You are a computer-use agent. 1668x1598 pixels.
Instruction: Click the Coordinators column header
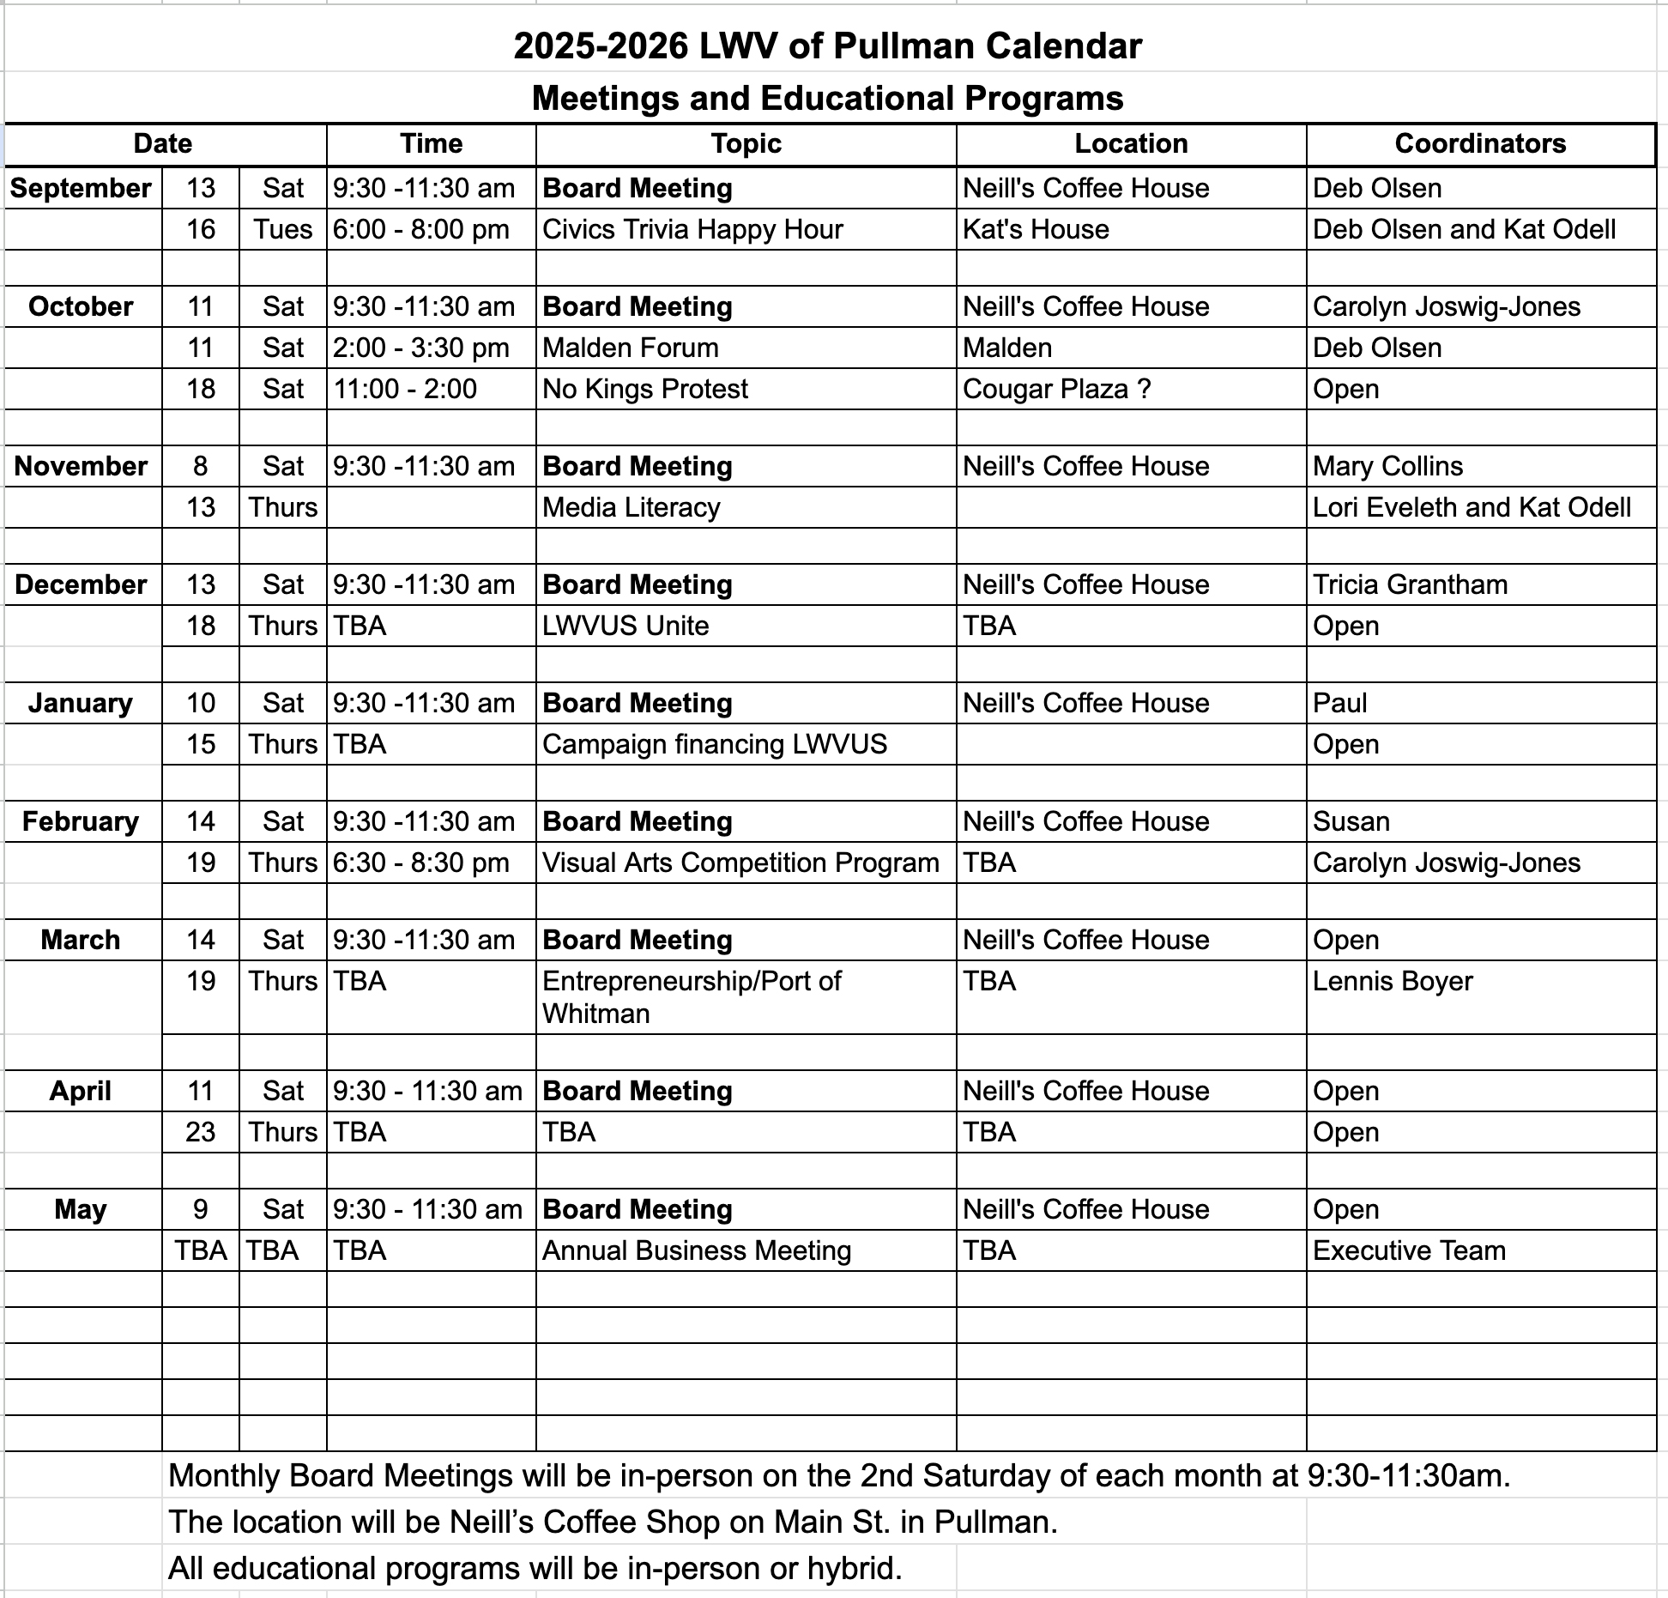(x=1480, y=143)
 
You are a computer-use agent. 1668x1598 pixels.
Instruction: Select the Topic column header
(x=746, y=143)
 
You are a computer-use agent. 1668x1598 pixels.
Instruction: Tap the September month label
(x=81, y=188)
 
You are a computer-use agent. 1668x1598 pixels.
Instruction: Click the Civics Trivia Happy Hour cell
(x=692, y=229)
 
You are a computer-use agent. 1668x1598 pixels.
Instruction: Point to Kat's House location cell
(x=1036, y=229)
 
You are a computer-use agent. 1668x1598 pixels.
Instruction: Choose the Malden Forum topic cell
(x=631, y=348)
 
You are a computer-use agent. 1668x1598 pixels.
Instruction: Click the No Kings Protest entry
(x=645, y=389)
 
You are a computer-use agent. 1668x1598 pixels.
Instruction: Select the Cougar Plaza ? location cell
(x=1056, y=389)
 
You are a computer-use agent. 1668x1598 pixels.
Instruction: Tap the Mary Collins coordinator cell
(x=1387, y=466)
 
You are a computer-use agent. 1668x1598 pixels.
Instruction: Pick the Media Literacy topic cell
(x=632, y=507)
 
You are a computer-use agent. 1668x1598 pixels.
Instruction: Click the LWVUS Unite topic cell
(x=625, y=626)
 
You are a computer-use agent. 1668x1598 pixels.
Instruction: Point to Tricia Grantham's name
(x=1410, y=584)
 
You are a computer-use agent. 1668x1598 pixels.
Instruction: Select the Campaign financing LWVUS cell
(x=715, y=744)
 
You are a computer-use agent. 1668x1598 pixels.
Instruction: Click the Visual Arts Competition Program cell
(x=740, y=863)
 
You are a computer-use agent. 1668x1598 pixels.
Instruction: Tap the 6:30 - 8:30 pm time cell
(x=421, y=863)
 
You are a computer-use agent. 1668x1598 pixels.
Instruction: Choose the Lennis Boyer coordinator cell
(x=1393, y=981)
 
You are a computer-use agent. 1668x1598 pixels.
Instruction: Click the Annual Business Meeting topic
(x=697, y=1250)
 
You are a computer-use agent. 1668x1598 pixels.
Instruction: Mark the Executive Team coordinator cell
(x=1409, y=1250)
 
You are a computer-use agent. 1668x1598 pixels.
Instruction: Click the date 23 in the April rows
(x=200, y=1132)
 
